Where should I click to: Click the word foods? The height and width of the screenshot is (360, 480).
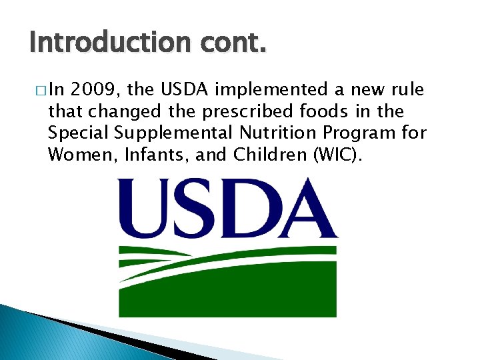[x=326, y=111]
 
